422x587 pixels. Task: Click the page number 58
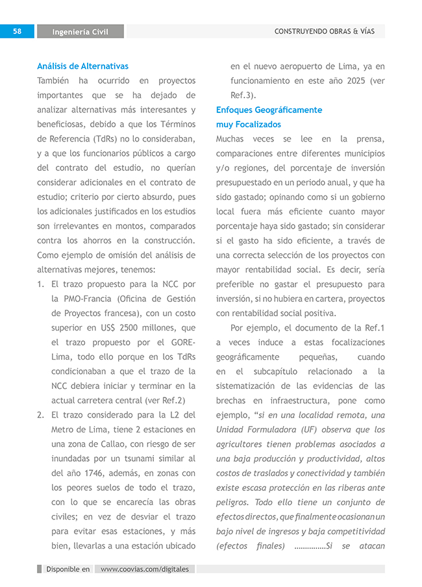tap(18, 31)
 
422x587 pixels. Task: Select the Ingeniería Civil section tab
tap(80, 32)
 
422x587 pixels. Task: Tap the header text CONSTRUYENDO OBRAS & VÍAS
tap(325, 31)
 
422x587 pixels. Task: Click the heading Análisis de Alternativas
tap(82, 66)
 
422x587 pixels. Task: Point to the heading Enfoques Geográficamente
tap(269, 110)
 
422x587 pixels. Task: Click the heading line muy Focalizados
tap(249, 124)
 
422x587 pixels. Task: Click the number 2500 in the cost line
tap(127, 327)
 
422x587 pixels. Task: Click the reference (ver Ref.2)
tap(163, 400)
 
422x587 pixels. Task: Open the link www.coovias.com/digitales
tap(145, 569)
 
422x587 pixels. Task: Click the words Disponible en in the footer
tap(68, 569)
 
